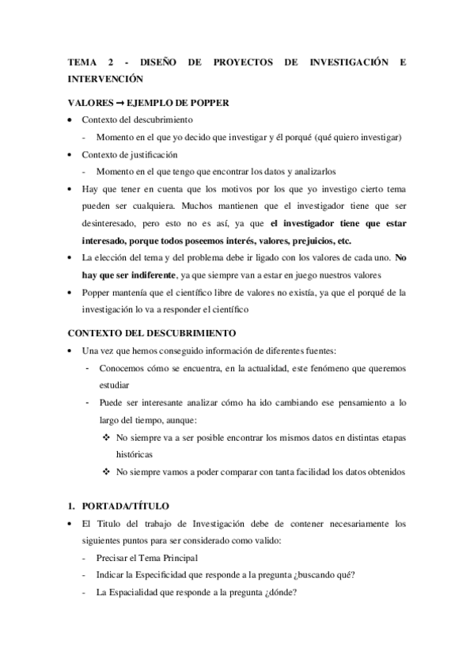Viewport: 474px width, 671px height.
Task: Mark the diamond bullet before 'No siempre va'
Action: pyautogui.click(x=107, y=437)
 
